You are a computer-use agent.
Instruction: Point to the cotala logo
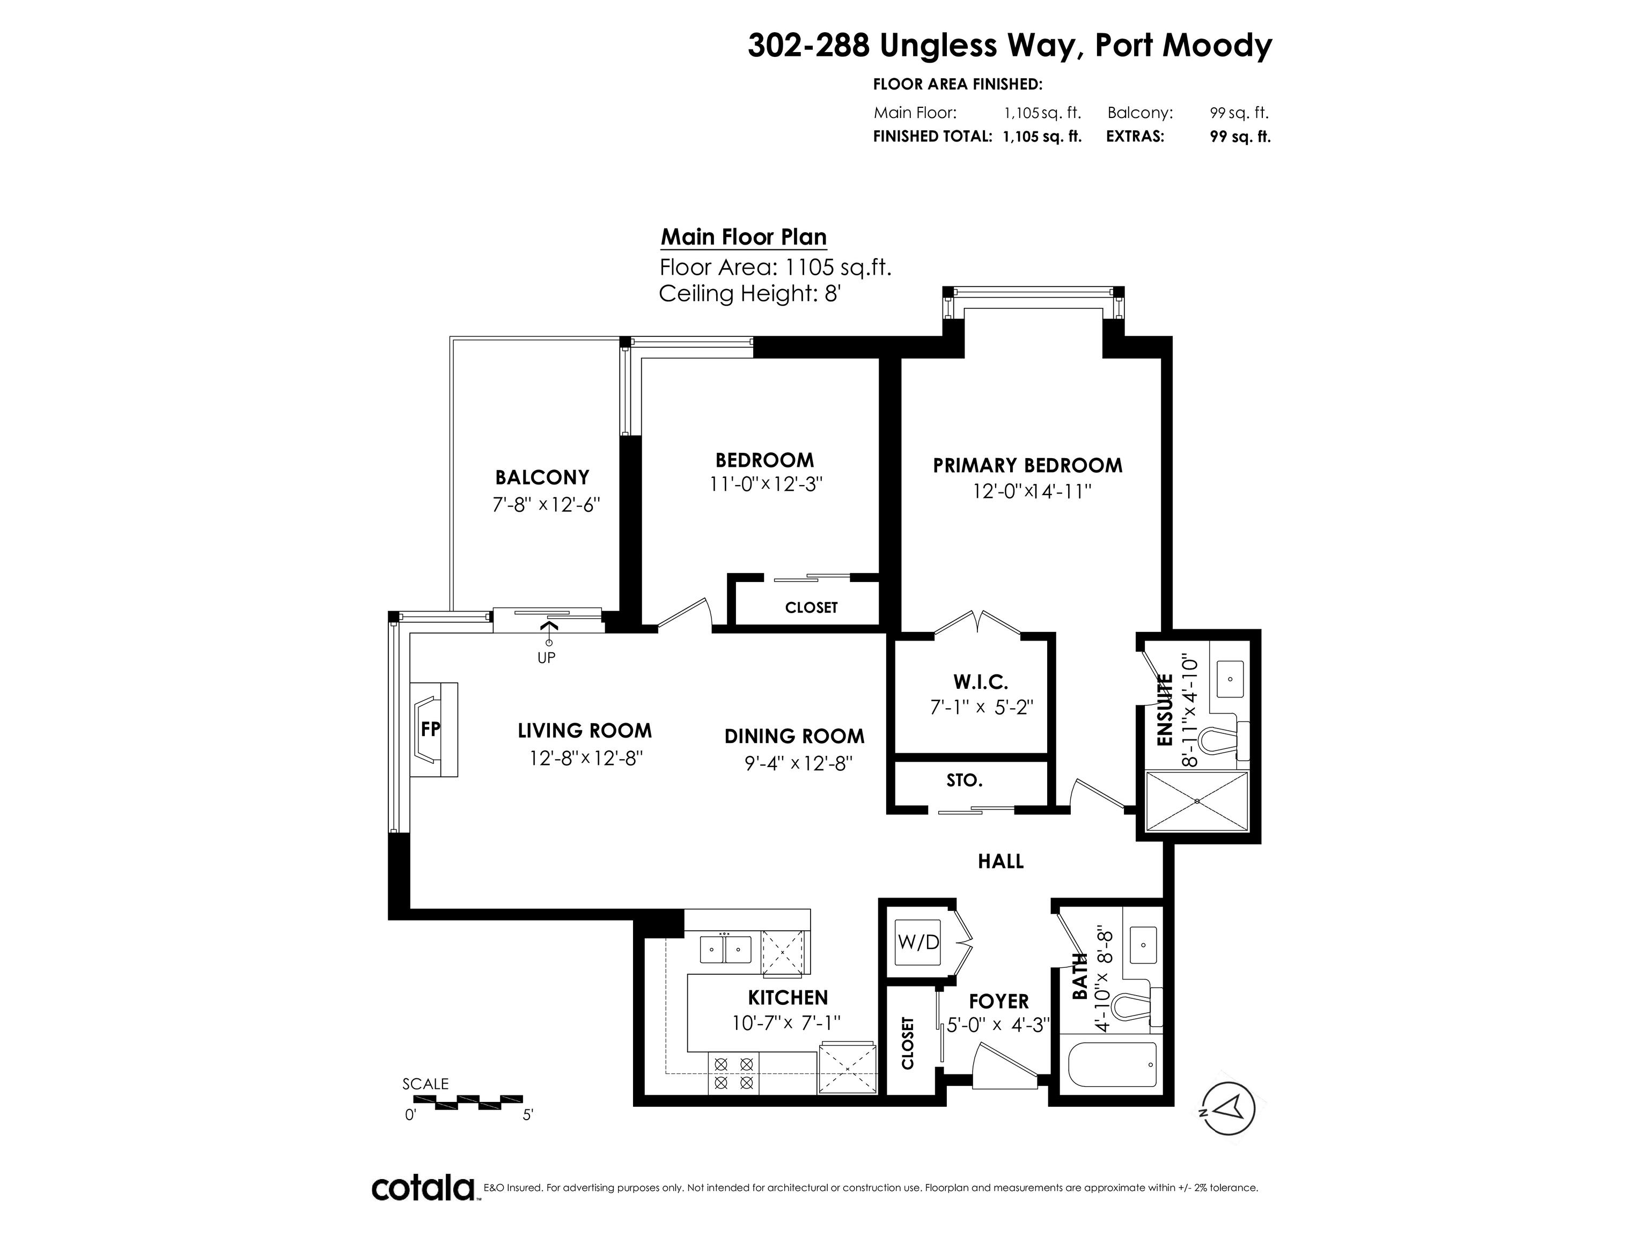point(423,1188)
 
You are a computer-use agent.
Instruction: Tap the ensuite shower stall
point(1196,801)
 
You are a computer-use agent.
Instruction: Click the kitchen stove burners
point(734,1073)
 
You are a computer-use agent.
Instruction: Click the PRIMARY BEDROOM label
point(1027,466)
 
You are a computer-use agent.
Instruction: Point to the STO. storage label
point(965,781)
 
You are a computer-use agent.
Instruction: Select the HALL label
point(1000,861)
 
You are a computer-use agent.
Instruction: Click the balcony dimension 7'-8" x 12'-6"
point(546,504)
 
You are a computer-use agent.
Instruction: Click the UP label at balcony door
point(546,658)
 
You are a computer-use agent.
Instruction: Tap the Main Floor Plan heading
point(744,237)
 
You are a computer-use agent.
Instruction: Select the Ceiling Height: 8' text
point(749,293)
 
